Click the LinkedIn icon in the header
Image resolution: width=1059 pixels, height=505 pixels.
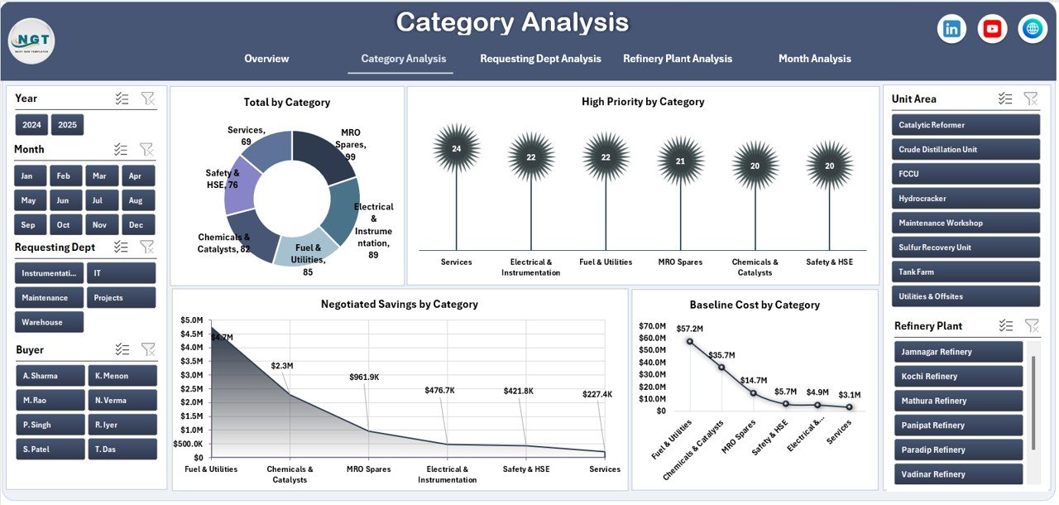tap(951, 29)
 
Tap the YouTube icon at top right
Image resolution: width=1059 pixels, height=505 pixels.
tap(992, 29)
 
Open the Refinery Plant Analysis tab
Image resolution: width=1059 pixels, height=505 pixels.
tap(677, 59)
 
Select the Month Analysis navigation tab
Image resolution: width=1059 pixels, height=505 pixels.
tap(814, 59)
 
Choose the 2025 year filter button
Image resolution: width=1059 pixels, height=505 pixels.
tap(67, 125)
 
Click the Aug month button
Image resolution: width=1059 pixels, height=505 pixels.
tap(136, 200)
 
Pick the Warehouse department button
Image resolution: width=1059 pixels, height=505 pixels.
tap(49, 322)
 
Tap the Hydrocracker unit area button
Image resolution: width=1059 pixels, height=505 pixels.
tap(965, 199)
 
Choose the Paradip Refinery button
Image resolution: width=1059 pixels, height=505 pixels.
tap(958, 450)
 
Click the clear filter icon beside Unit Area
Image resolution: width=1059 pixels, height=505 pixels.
tap(1030, 99)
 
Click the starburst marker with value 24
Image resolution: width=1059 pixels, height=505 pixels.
tap(456, 149)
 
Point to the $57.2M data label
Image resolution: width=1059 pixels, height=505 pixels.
tap(689, 329)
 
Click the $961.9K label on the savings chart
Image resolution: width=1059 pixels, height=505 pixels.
tap(364, 378)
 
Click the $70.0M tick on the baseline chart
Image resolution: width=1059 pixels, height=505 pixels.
tap(652, 326)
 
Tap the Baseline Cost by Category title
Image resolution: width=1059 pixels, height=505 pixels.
tap(754, 305)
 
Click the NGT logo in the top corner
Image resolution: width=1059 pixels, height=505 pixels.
tap(31, 41)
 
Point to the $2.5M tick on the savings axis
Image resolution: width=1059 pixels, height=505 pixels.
tap(191, 389)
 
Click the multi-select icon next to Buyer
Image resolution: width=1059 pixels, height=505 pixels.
tap(122, 349)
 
